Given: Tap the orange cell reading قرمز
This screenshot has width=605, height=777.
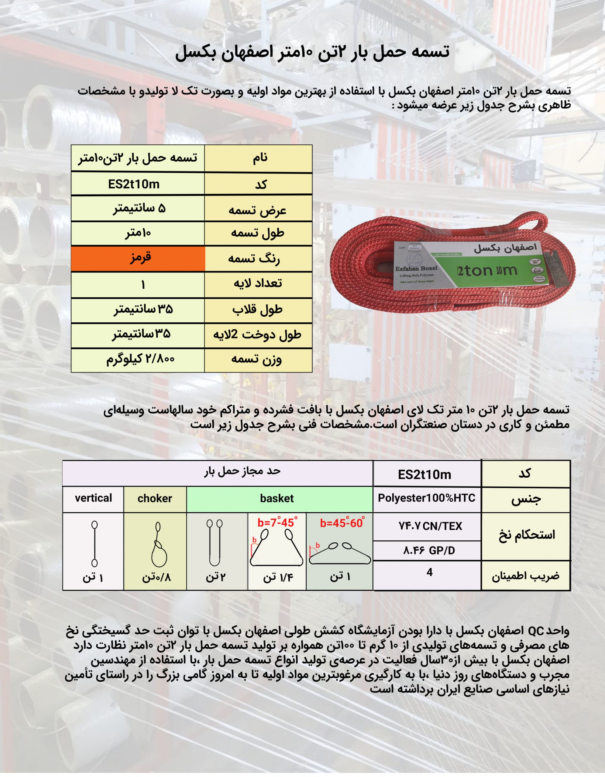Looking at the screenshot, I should [x=138, y=258].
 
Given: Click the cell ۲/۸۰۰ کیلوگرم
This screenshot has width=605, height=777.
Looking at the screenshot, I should [x=138, y=360].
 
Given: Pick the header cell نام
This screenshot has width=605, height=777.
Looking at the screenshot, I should [x=259, y=158].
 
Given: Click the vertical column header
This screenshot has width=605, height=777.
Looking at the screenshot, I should [x=93, y=498].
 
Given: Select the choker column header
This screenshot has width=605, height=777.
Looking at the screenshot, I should [x=155, y=498].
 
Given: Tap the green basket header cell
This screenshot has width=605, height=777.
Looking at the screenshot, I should [x=277, y=498].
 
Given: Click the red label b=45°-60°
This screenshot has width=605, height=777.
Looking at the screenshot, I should [x=342, y=523].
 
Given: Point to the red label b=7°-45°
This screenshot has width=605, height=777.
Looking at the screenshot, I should [x=277, y=523].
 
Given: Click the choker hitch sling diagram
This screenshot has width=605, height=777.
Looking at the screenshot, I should [x=158, y=544].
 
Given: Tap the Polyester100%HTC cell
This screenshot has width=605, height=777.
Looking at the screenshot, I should [x=427, y=498].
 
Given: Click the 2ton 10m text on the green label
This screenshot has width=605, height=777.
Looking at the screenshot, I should [x=487, y=271].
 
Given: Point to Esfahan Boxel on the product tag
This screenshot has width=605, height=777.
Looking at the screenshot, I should [x=416, y=269].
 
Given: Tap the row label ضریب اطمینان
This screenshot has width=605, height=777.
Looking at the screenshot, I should [x=526, y=576].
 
